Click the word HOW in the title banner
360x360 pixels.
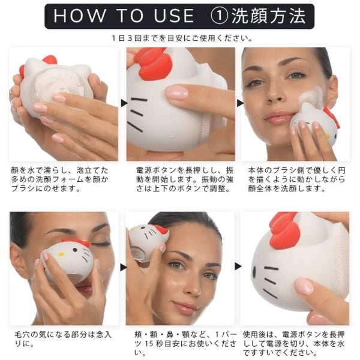(x=79, y=16)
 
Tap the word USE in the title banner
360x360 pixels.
(x=174, y=16)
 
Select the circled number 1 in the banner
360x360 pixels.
(x=219, y=16)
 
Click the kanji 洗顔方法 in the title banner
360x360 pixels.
(x=268, y=16)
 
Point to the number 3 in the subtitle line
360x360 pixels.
(x=130, y=38)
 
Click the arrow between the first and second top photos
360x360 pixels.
(x=124, y=103)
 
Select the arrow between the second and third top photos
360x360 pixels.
(x=240, y=103)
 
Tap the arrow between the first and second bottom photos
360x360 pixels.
(x=123, y=267)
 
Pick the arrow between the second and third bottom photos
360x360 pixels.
(x=238, y=266)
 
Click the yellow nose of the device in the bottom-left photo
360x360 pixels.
(x=61, y=254)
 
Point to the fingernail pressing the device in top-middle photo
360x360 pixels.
(x=176, y=93)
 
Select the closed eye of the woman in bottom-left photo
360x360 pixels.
(x=101, y=244)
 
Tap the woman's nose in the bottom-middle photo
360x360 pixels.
(x=194, y=287)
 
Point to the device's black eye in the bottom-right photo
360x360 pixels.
(x=254, y=271)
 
